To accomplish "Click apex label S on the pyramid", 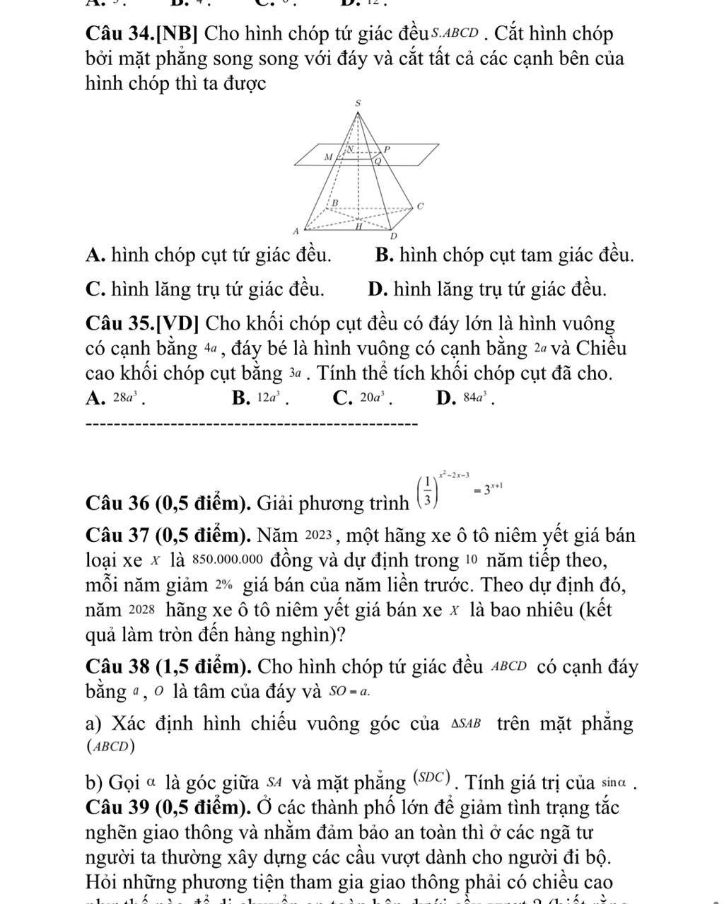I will tap(358, 103).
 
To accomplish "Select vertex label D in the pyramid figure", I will tap(394, 235).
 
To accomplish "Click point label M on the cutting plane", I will tap(327, 156).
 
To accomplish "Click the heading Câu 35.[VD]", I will tap(144, 325).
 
